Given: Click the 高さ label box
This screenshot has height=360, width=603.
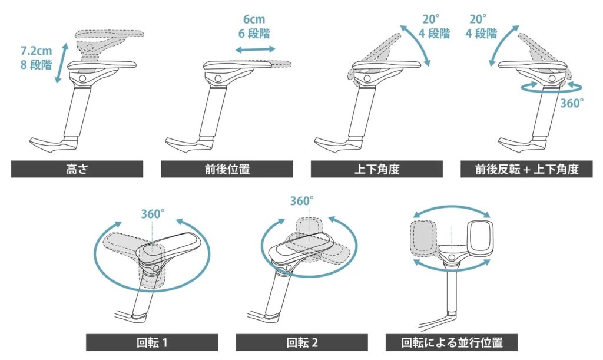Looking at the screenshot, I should (x=77, y=170).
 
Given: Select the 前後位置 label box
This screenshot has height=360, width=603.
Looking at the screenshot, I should (x=227, y=170).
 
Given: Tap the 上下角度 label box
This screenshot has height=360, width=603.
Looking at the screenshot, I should (x=377, y=170).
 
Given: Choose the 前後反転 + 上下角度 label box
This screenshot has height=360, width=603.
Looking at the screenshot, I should (x=527, y=170).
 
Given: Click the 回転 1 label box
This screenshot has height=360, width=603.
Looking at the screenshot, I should (x=152, y=342).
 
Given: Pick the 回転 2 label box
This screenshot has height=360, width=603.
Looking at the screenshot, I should (x=301, y=342).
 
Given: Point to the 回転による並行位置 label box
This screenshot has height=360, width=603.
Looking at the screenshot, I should (x=452, y=342).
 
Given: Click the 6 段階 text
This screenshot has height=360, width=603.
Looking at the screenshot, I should (x=256, y=34).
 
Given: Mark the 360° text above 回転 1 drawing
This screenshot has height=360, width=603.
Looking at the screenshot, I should (x=152, y=214).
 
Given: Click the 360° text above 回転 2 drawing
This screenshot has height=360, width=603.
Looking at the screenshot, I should (x=301, y=201).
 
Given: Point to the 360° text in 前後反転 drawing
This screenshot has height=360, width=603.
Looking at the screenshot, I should (x=572, y=103).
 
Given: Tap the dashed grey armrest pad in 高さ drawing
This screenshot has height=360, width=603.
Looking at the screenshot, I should (x=112, y=37).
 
